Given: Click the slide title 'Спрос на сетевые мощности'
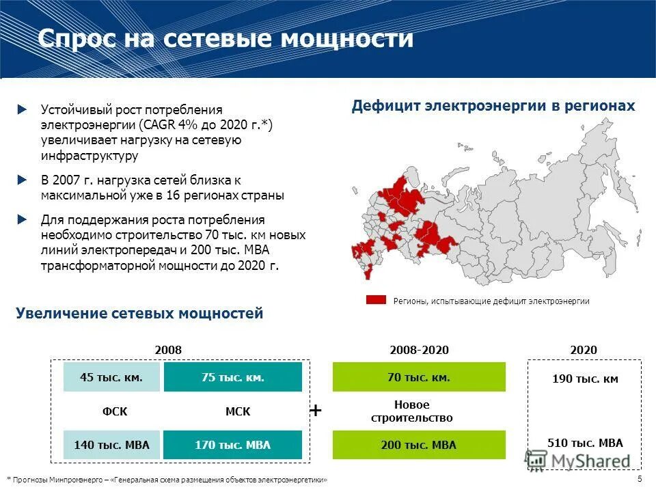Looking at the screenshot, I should tap(225, 38).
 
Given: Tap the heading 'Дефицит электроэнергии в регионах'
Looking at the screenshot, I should tap(493, 107).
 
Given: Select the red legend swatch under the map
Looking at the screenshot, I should tap(377, 301).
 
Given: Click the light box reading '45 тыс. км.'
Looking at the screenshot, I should tap(111, 377).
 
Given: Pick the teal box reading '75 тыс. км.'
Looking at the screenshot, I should tap(233, 377).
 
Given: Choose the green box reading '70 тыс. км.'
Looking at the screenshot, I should tap(419, 377).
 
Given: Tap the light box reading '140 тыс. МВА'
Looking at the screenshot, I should tap(111, 445).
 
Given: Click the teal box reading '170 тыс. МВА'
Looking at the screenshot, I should tap(233, 445).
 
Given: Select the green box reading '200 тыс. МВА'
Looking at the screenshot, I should tap(419, 445).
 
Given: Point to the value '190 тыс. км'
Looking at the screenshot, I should tap(585, 379).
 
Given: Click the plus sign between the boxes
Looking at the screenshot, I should tap(316, 410).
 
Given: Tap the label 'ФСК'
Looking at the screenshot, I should tap(111, 411).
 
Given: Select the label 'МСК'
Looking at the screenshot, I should tap(238, 411).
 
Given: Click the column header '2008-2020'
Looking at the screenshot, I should tap(419, 350).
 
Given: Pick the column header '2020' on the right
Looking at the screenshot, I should tap(585, 350).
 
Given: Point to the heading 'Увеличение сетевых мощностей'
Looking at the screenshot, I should tap(139, 314).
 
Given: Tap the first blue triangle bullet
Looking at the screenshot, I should tap(23, 109).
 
